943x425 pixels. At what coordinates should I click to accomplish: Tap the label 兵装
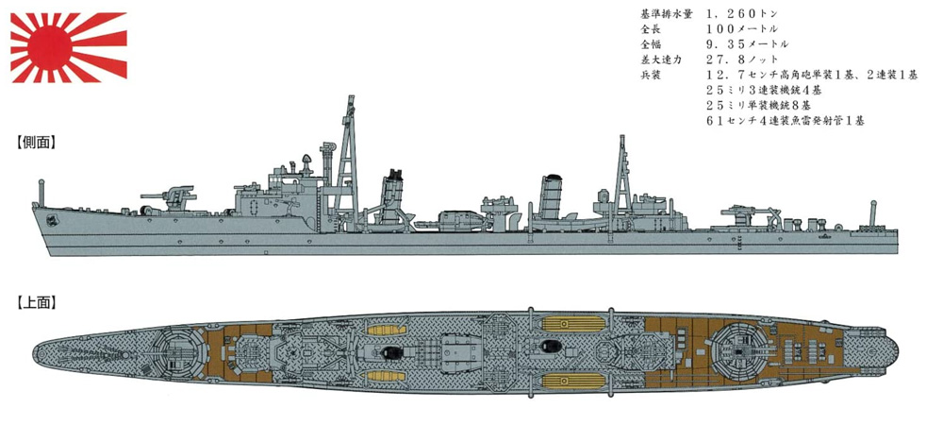point(650,75)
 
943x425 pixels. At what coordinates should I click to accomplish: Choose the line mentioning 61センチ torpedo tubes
point(786,120)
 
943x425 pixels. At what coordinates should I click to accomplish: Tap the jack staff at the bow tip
point(41,192)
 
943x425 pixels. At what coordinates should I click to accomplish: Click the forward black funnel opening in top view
point(391,352)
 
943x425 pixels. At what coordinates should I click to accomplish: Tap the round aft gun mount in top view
point(738,349)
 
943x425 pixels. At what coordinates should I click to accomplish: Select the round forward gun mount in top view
point(174,352)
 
